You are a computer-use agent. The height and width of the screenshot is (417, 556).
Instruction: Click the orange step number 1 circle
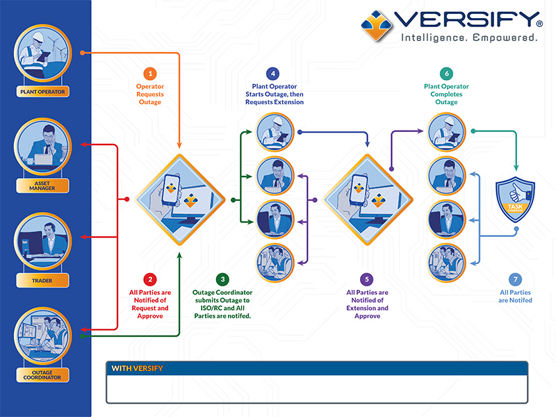(149, 74)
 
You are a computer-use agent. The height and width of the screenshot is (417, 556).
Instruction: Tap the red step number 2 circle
(149, 279)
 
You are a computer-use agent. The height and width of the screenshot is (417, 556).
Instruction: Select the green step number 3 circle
(222, 279)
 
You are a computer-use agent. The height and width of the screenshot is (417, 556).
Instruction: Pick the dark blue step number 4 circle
(274, 74)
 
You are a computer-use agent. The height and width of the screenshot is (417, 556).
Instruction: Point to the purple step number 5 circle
(367, 279)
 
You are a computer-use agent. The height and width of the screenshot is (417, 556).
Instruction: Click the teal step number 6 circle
(446, 74)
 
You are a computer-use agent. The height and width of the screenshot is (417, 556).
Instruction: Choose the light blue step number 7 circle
(515, 279)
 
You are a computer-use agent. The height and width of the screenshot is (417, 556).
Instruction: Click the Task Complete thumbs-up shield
(515, 200)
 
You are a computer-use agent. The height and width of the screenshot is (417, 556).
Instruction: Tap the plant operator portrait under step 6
(446, 130)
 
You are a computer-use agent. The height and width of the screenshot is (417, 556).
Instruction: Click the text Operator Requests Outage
(149, 95)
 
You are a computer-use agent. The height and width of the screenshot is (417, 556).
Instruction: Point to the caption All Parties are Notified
(515, 296)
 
